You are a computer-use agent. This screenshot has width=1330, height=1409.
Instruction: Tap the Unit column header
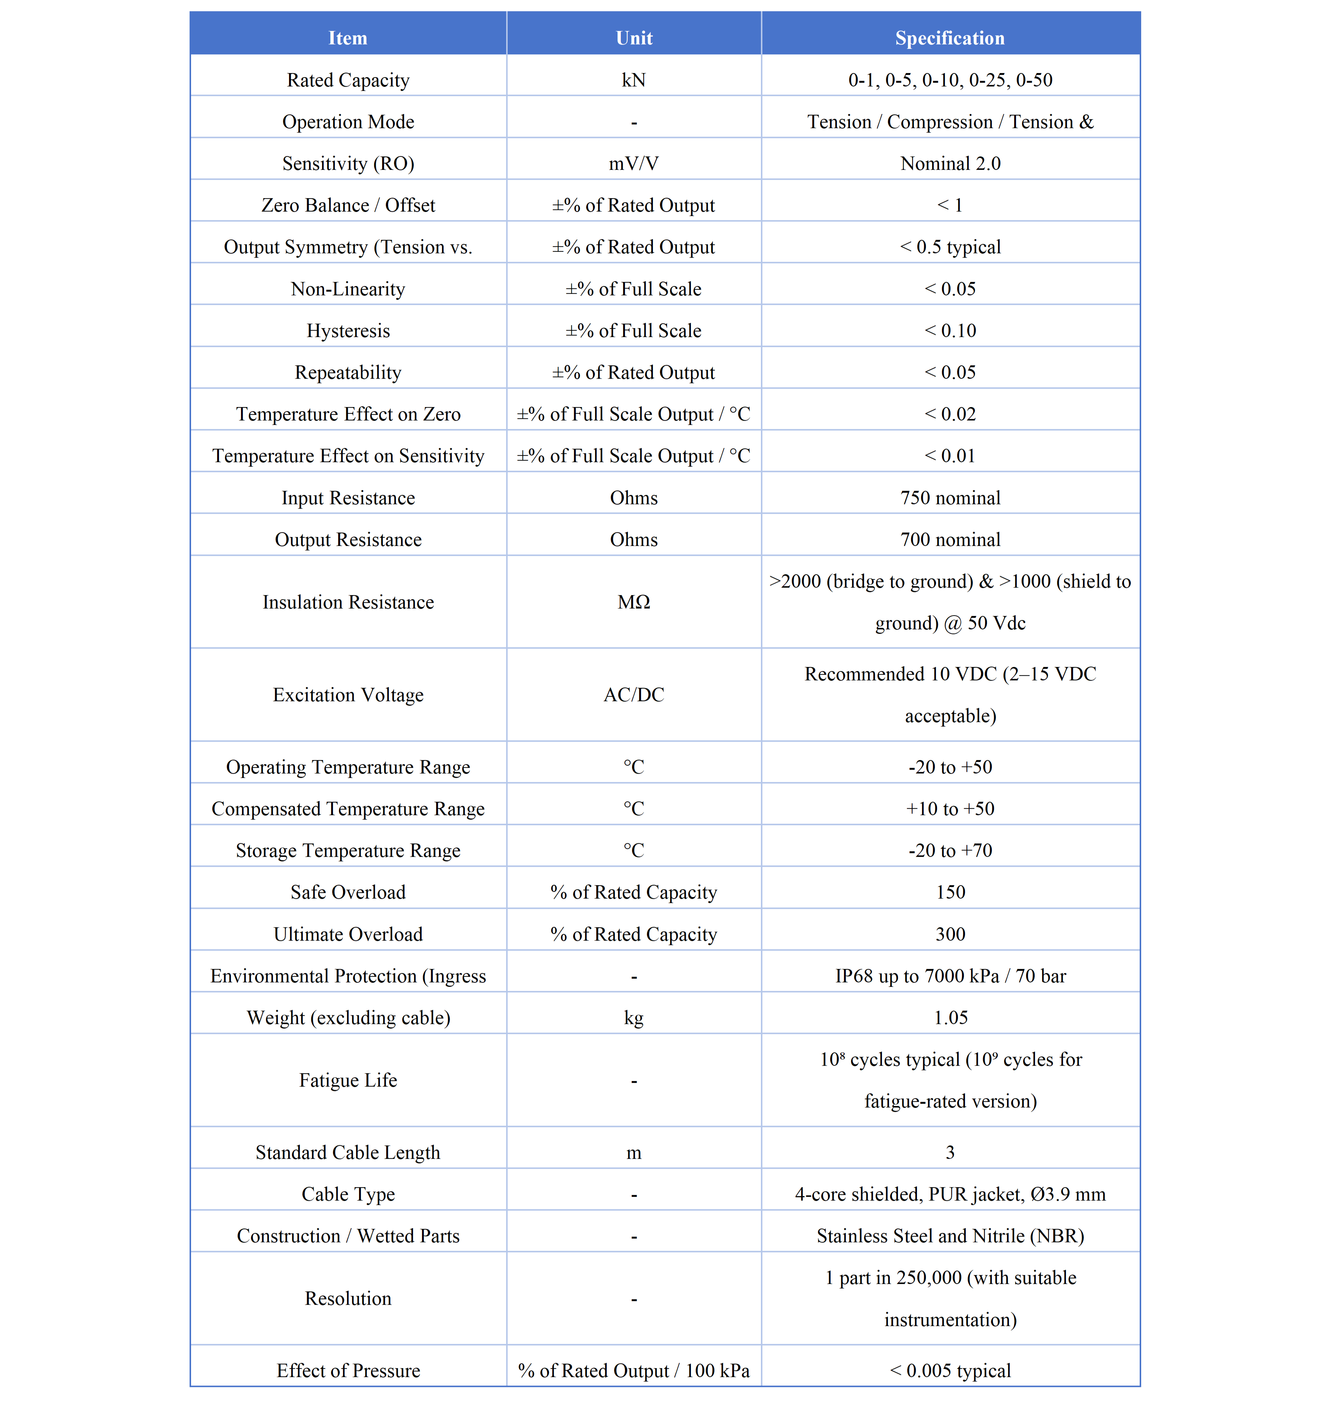tap(634, 38)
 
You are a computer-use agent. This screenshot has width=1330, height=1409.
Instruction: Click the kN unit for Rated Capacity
tap(634, 80)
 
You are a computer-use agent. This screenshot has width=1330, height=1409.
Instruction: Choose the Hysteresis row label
tap(348, 331)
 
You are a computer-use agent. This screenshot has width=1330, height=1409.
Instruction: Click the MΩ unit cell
tap(634, 602)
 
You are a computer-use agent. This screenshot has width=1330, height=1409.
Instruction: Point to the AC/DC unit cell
tap(634, 695)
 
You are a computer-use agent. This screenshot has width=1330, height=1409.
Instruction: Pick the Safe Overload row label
tap(348, 892)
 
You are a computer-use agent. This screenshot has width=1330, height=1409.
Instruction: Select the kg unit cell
tap(634, 1018)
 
